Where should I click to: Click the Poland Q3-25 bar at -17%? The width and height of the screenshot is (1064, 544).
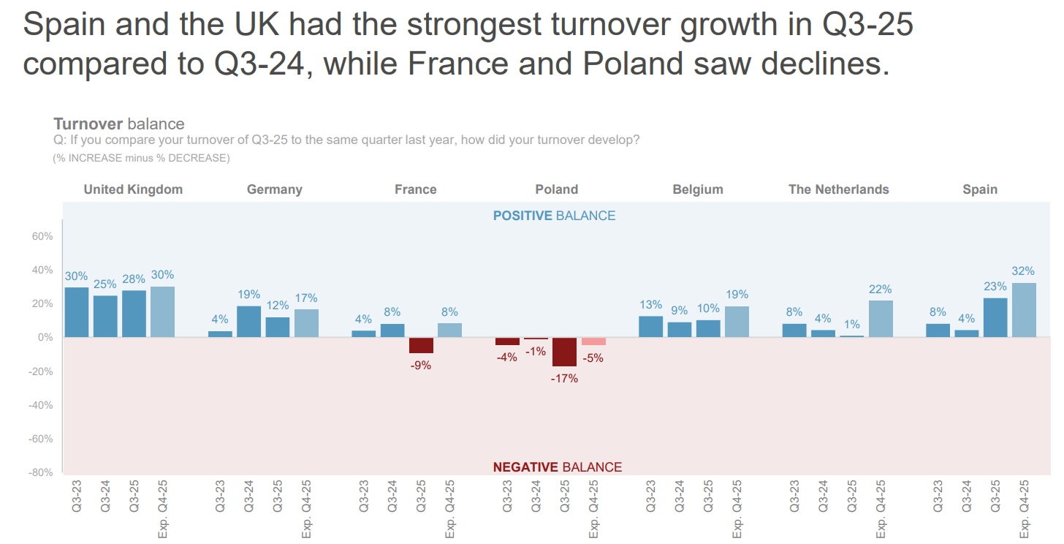tap(564, 352)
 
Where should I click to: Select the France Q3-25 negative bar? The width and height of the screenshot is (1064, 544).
tap(421, 345)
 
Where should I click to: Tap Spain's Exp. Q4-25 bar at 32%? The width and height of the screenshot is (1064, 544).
tap(1024, 310)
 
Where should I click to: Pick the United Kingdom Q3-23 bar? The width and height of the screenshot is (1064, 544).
tap(77, 312)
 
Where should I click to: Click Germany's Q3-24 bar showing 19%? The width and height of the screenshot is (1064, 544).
tap(248, 322)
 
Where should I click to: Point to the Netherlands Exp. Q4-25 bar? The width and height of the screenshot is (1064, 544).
tap(881, 319)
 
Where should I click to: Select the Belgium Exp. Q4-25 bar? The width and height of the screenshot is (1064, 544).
tap(737, 322)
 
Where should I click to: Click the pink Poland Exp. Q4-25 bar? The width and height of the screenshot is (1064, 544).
tap(593, 341)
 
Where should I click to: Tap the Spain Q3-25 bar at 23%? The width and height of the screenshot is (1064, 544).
tap(995, 317)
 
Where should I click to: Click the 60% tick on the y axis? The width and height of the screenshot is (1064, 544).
tap(42, 236)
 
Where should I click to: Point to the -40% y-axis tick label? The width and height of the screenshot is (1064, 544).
tap(40, 405)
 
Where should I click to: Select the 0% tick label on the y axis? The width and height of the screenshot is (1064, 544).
tap(45, 338)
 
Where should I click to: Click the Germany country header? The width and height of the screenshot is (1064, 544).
tap(274, 189)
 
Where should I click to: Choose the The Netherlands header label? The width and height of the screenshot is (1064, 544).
tap(838, 189)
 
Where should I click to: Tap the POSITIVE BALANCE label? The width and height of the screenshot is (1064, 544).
tap(554, 216)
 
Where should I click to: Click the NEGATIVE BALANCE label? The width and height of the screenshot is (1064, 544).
tap(557, 467)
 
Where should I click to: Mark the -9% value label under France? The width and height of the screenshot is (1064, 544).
tap(420, 366)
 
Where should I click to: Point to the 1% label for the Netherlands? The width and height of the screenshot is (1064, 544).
tap(852, 324)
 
